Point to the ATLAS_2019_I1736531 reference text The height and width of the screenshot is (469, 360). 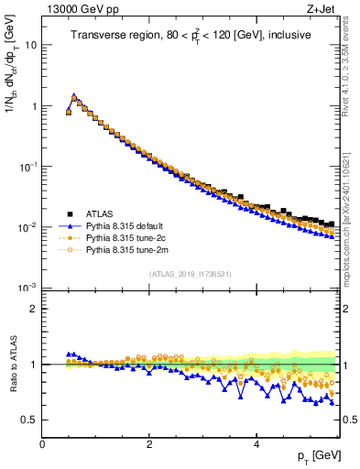(190, 273)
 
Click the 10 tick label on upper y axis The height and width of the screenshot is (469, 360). (31, 45)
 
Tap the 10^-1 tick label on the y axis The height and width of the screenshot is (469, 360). (28, 166)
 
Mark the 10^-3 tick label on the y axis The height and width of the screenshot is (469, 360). (28, 288)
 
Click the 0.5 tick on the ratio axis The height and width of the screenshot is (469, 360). (29, 420)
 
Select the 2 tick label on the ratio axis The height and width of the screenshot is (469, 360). (34, 309)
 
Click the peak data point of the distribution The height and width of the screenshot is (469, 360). (74, 95)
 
